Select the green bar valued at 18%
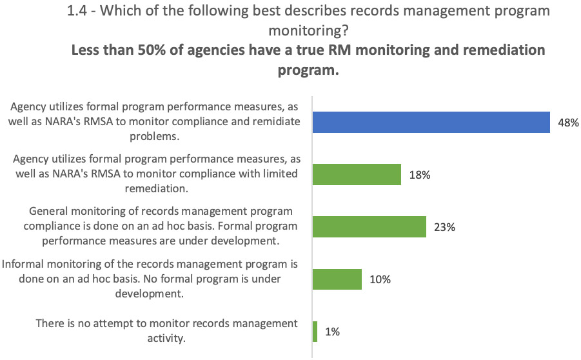(357, 174)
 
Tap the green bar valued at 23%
(369, 226)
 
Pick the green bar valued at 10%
(337, 279)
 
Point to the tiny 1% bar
(315, 332)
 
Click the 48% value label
(565, 122)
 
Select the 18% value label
(419, 175)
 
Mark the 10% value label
(380, 280)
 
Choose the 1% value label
(332, 332)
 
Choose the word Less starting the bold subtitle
(86, 50)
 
